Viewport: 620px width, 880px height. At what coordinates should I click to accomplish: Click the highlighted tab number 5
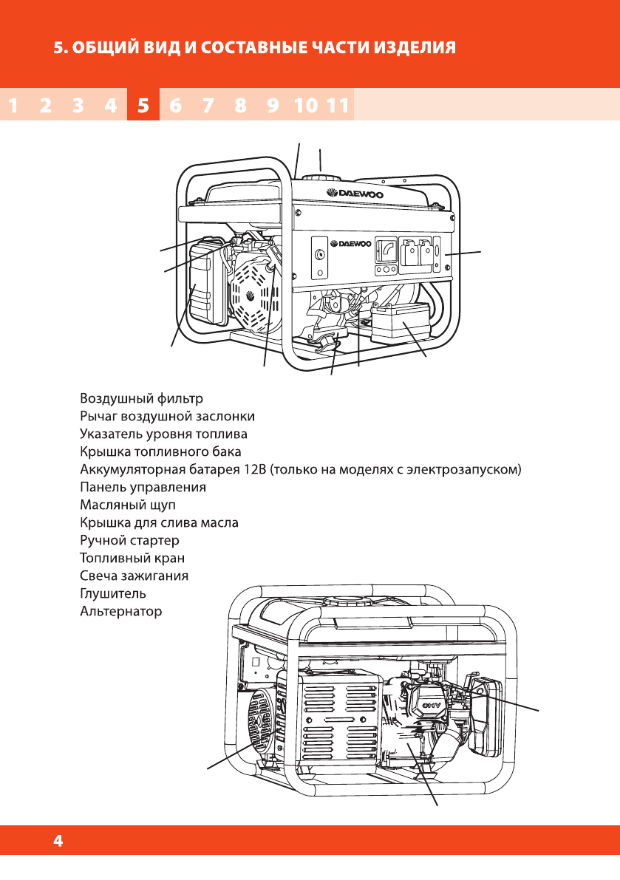(x=143, y=106)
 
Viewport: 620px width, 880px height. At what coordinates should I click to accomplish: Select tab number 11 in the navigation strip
(x=337, y=106)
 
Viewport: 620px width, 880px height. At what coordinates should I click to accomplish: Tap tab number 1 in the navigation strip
(x=13, y=106)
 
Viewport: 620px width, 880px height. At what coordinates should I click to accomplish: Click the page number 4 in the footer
(x=58, y=841)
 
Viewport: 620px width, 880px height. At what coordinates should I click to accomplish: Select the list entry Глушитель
(x=112, y=593)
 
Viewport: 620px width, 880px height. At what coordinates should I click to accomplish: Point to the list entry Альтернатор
(x=120, y=612)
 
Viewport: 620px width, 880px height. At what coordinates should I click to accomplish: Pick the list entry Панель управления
(x=143, y=488)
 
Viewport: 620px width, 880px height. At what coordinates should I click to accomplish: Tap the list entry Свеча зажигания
(x=134, y=576)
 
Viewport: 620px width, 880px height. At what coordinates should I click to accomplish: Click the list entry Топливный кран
(x=132, y=558)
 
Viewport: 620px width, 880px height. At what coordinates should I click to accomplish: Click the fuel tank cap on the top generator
(x=321, y=179)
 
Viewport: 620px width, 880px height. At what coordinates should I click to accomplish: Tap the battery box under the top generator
(x=401, y=322)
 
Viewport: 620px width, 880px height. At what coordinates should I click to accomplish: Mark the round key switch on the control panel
(x=320, y=255)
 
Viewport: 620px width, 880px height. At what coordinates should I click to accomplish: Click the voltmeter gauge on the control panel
(x=385, y=251)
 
